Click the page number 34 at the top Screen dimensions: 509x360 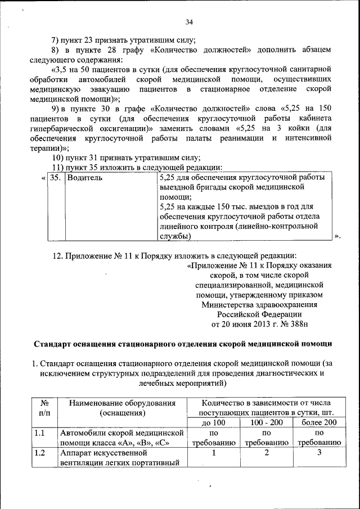pyautogui.click(x=188, y=22)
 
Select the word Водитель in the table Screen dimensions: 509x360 pyautogui.click(x=84, y=178)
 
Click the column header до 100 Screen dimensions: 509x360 pyautogui.click(x=213, y=422)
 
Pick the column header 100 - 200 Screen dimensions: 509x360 pyautogui.click(x=267, y=422)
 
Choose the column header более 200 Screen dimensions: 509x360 pyautogui.click(x=318, y=422)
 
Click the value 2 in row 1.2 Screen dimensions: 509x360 pyautogui.click(x=267, y=453)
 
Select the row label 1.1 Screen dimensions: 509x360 pyautogui.click(x=39, y=433)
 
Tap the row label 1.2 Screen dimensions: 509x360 pyautogui.click(x=39, y=453)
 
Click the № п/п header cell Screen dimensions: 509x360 pyautogui.click(x=44, y=408)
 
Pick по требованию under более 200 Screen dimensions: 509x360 pyautogui.click(x=318, y=438)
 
